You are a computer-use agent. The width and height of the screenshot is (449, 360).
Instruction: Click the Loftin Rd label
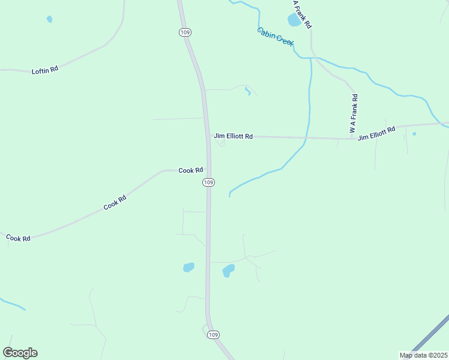(x=45, y=70)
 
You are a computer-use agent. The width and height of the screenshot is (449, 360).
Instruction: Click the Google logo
(x=20, y=353)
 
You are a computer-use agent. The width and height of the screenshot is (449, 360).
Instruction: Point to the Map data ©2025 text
(x=424, y=355)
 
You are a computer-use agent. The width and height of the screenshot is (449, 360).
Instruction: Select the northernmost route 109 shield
(x=184, y=32)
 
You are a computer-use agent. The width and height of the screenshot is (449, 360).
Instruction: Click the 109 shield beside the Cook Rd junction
(x=208, y=182)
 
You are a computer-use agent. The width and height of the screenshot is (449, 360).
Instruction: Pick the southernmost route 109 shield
(x=213, y=334)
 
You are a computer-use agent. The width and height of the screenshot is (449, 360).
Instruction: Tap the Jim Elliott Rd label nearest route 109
(x=233, y=136)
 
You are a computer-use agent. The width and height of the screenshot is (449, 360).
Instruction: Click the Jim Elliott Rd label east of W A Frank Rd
(x=376, y=133)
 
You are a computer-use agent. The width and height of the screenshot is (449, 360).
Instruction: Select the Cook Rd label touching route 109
(x=191, y=170)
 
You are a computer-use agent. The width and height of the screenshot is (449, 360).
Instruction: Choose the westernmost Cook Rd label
(x=18, y=238)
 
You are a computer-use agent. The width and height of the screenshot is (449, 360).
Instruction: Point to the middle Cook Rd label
(x=115, y=203)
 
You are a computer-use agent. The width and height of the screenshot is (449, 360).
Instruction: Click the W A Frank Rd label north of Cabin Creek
(x=302, y=14)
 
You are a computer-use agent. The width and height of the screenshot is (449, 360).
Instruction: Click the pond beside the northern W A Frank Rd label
(x=294, y=20)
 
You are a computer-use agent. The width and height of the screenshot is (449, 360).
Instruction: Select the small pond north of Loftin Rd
(x=49, y=19)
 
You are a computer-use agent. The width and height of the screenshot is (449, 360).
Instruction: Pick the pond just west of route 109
(x=188, y=267)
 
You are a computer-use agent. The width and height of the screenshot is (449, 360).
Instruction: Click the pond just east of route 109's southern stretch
(x=228, y=271)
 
